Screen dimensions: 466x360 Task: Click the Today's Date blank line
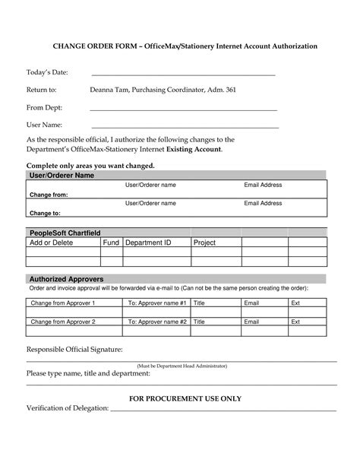pos(182,75)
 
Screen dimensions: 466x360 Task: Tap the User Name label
pos(44,125)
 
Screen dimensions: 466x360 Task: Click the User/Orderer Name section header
pos(62,176)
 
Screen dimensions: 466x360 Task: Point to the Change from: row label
pos(49,195)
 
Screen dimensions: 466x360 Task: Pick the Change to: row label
pos(45,214)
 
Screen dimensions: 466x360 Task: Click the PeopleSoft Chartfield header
pos(65,232)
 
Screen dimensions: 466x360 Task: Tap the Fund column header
pos(111,243)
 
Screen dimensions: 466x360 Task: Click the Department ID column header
pos(148,243)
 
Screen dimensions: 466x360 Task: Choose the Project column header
pos(205,243)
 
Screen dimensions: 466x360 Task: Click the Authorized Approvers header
pos(66,279)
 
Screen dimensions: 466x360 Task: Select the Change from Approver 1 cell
pos(62,303)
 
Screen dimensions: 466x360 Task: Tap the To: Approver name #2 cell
pos(157,322)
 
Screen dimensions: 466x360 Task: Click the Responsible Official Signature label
pos(74,349)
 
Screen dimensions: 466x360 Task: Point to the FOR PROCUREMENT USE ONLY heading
pos(185,398)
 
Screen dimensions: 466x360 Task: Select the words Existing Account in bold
pos(194,150)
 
